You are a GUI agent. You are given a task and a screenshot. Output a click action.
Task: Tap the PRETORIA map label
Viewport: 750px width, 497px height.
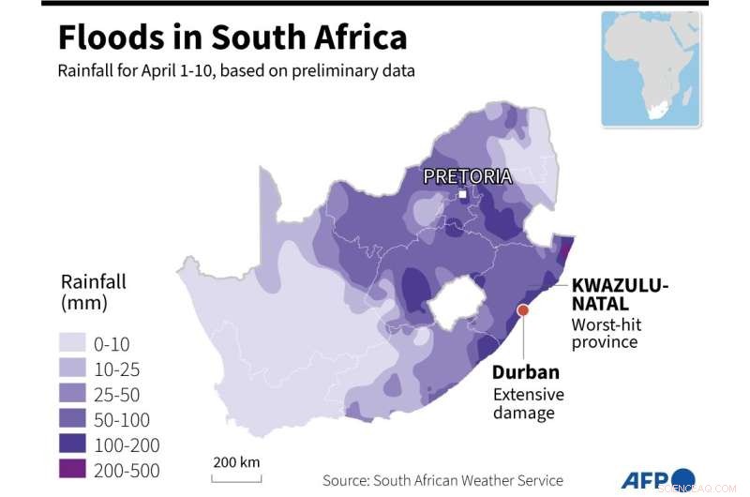click(467, 175)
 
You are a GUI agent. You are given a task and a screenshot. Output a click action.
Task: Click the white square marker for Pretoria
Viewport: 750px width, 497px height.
click(462, 195)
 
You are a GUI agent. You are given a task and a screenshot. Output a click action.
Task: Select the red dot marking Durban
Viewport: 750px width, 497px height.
click(523, 310)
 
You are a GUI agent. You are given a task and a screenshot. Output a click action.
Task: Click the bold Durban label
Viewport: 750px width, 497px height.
click(526, 371)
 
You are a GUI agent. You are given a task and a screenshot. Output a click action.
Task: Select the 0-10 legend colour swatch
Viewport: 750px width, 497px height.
click(78, 343)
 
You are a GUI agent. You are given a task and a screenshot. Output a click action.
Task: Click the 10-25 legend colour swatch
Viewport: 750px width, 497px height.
click(78, 369)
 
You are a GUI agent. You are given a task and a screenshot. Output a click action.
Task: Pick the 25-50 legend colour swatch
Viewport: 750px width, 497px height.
click(78, 394)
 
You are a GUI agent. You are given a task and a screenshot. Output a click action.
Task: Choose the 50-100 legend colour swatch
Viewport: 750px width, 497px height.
click(78, 419)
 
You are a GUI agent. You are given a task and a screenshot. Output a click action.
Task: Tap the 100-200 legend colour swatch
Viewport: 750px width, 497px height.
click(78, 444)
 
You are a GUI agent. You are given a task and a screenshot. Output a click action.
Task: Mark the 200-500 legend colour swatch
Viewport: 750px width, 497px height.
click(78, 470)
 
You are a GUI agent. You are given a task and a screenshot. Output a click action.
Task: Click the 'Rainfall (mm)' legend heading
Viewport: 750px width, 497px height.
click(93, 292)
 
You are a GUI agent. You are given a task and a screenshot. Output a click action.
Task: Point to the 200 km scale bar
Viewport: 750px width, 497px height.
click(235, 475)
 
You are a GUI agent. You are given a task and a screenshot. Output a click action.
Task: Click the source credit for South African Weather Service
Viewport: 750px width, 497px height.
click(442, 480)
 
